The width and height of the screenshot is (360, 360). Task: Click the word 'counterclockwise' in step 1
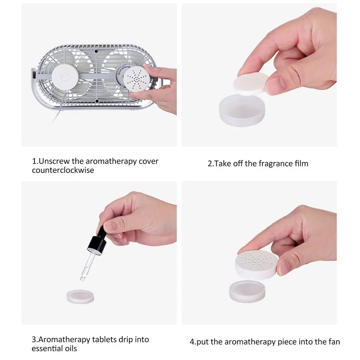pyautogui.click(x=63, y=170)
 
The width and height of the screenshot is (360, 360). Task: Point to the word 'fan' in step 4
pyautogui.click(x=334, y=342)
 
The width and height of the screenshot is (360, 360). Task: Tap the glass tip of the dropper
pyautogui.click(x=83, y=276)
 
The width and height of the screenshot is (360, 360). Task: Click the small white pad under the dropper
pyautogui.click(x=80, y=297)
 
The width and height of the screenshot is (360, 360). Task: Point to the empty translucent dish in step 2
pyautogui.click(x=241, y=110)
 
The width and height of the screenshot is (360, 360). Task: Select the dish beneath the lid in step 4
pyautogui.click(x=247, y=291)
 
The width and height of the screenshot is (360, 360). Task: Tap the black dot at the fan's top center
pyautogui.click(x=97, y=51)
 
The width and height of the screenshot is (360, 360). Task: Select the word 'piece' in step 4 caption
pyautogui.click(x=287, y=342)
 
